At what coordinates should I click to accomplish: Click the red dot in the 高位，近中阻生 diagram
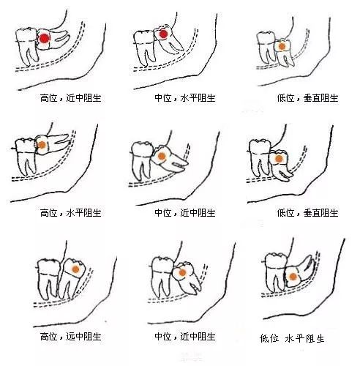(x=44, y=38)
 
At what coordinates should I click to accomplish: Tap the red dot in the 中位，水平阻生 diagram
(x=163, y=34)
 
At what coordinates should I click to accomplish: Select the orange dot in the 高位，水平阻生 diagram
(x=42, y=145)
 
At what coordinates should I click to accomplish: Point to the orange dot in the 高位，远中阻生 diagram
(x=76, y=269)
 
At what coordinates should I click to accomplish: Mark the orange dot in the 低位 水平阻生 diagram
(x=293, y=277)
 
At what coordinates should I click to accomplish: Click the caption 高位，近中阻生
(x=71, y=98)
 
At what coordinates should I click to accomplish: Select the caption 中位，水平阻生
(x=185, y=98)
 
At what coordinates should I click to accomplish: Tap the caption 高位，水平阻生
(x=71, y=213)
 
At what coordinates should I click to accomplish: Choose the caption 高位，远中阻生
(x=71, y=337)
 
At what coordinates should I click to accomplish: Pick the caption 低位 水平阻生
(x=292, y=338)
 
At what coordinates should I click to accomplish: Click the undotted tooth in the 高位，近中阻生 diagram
(x=26, y=46)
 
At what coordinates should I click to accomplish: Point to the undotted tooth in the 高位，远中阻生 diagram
(x=48, y=279)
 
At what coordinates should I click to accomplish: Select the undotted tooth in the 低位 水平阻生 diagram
(x=276, y=272)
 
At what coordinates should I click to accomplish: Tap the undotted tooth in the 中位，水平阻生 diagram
(x=144, y=48)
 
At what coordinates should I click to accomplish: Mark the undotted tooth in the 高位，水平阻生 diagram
(x=26, y=156)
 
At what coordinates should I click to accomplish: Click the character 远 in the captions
(x=70, y=337)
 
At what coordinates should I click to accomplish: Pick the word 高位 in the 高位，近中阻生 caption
(x=49, y=98)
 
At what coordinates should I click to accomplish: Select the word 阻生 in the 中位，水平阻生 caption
(x=206, y=98)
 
